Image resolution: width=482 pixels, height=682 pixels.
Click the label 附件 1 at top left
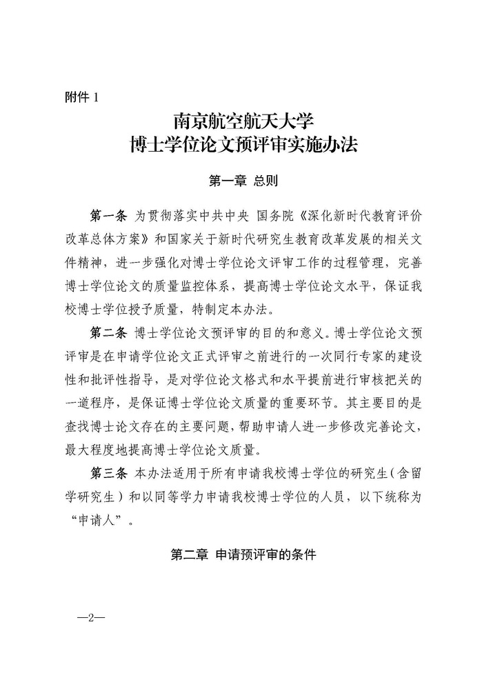[x=81, y=98]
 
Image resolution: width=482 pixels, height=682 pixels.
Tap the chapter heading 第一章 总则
[x=242, y=181]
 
